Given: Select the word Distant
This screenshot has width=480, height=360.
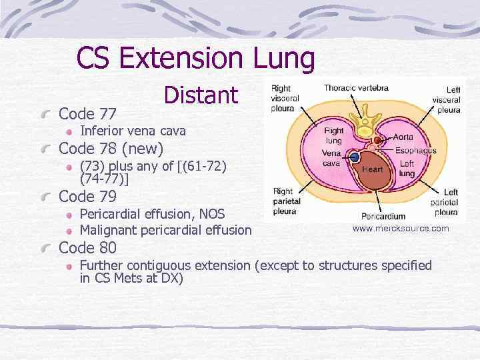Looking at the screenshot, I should [x=201, y=95].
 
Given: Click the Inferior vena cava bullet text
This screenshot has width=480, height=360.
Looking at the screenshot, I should [x=133, y=130].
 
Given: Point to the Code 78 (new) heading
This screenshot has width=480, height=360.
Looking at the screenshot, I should [x=111, y=147].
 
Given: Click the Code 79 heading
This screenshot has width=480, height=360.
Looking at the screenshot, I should [x=88, y=197].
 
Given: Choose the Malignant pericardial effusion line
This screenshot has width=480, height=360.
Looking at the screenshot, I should [x=165, y=230].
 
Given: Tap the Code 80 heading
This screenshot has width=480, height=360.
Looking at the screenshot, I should [x=88, y=248].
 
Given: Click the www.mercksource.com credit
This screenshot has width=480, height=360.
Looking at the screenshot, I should [x=401, y=229].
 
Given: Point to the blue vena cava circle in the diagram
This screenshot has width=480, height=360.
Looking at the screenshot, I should [x=355, y=157].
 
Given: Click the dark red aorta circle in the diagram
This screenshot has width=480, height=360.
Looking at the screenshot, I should [x=377, y=141].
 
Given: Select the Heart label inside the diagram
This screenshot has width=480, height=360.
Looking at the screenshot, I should [x=372, y=169].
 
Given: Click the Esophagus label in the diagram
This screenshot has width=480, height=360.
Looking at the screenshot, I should [x=415, y=151].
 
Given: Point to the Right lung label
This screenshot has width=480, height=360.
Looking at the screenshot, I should [x=334, y=136].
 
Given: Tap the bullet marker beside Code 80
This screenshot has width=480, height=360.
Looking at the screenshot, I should [x=45, y=249].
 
